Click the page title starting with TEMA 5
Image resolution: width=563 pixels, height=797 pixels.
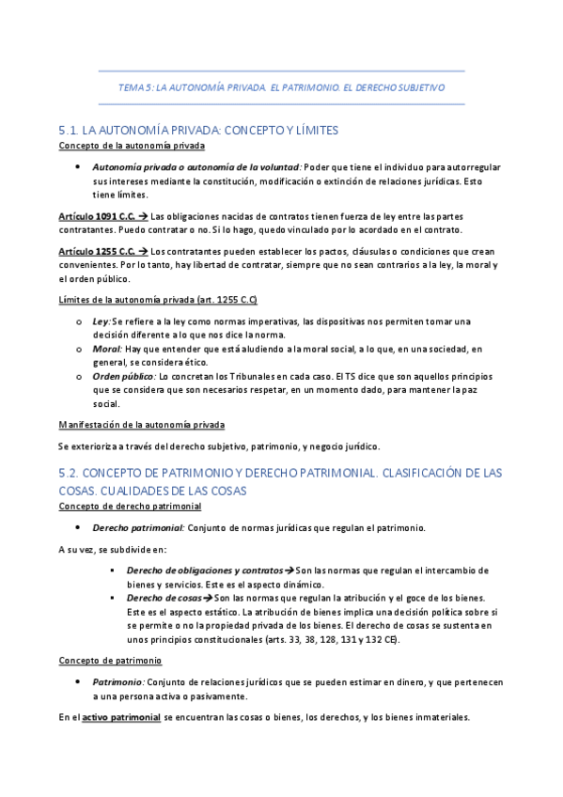pos(281,87)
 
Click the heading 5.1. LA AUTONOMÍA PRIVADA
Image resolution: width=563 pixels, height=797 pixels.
pos(197,130)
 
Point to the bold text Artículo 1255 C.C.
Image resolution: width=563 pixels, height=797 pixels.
pos(95,252)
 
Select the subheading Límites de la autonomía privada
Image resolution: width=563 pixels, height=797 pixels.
pos(158,300)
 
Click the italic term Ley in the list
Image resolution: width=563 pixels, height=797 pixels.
pos(101,321)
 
